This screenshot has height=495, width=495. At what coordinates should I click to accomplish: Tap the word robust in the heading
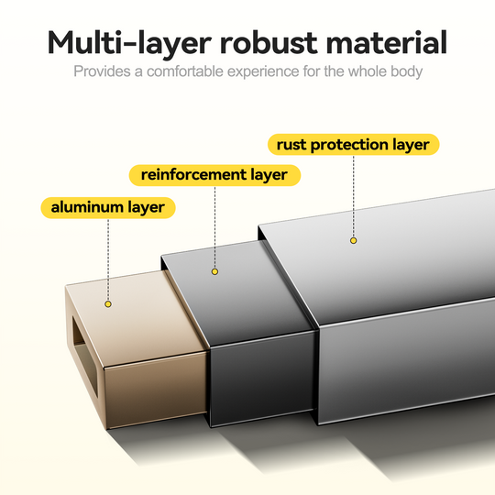pos(269,42)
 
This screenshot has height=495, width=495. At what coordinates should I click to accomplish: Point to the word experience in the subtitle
pos(263,72)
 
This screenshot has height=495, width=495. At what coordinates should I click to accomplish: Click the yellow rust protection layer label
pos(353,145)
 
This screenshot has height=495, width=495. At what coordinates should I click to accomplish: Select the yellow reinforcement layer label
pos(214,175)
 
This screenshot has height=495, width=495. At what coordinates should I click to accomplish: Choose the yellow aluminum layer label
pos(108,208)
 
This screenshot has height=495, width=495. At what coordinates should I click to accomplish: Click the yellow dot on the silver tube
pos(353,240)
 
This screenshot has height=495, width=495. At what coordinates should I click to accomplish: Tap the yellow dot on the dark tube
pos(214,271)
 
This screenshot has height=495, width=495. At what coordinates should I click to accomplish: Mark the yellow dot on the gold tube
pos(108,304)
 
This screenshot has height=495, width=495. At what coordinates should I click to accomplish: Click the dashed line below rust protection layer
pos(353,196)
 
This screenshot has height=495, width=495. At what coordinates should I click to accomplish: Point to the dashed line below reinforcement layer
pos(214,227)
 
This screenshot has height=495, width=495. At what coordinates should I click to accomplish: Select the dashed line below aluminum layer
pos(108,259)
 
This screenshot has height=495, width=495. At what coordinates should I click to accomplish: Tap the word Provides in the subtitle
pos(102,71)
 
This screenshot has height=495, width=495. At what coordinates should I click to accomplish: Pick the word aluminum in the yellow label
pos(87,207)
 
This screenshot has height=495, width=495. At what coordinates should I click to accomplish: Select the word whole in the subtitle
pos(368,71)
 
